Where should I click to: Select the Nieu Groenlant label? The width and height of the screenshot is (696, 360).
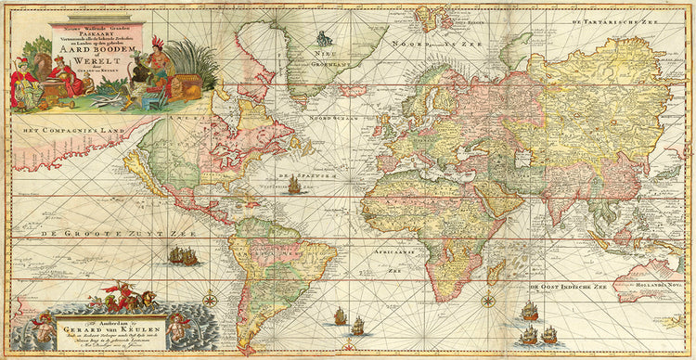[322, 59]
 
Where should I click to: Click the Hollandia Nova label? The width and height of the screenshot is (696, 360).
[661, 276]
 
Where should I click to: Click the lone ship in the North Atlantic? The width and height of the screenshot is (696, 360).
[295, 186]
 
